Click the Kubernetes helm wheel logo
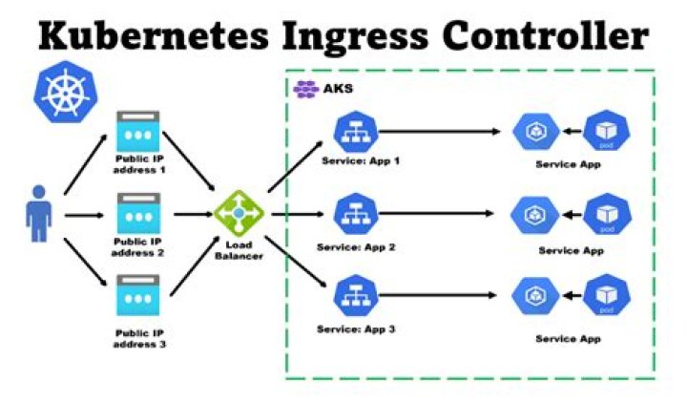[x=66, y=92]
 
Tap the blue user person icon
[x=39, y=214]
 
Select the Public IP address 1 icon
[x=138, y=132]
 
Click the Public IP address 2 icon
[x=138, y=213]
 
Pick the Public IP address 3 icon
[x=138, y=295]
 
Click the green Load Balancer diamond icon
[x=239, y=214]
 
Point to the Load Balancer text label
[x=239, y=250]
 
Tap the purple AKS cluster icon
[x=306, y=89]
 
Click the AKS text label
[x=338, y=89]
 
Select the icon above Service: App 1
[x=356, y=132]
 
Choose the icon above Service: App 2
[x=356, y=214]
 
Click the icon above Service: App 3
[x=356, y=295]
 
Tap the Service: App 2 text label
[x=356, y=247]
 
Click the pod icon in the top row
[x=607, y=131]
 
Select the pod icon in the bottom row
[x=607, y=295]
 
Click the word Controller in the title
[x=546, y=35]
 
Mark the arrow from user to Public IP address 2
[x=84, y=215]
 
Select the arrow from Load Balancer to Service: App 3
[x=296, y=262]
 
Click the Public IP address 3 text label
[x=139, y=339]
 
